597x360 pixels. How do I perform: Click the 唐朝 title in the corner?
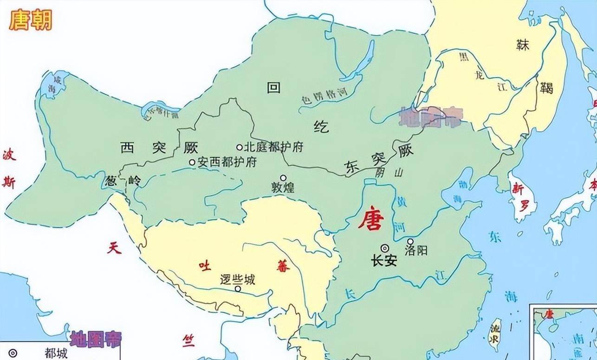[x=31, y=21]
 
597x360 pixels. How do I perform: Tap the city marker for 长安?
[x=385, y=248]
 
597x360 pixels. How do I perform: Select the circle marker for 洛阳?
[x=410, y=242]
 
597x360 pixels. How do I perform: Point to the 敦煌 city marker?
[x=283, y=178]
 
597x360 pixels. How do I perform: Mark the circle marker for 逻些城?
[x=238, y=289]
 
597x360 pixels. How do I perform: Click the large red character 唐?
[x=370, y=220]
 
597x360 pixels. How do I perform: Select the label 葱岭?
[x=123, y=180]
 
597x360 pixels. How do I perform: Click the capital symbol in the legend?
[x=13, y=353]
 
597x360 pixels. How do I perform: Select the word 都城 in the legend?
[x=56, y=354]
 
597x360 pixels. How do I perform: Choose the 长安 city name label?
[x=384, y=261]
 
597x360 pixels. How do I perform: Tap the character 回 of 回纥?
[x=274, y=87]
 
